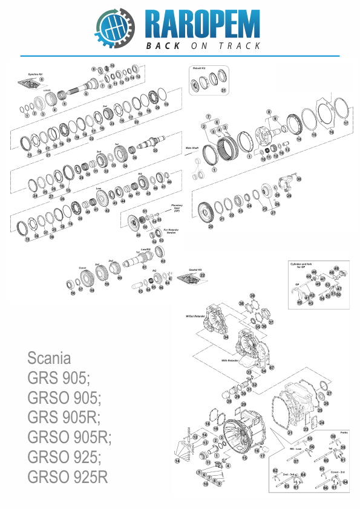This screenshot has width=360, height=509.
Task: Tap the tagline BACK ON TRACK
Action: (203, 46)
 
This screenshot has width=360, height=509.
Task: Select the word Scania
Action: (49, 357)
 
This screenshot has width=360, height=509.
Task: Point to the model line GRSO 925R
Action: (67, 476)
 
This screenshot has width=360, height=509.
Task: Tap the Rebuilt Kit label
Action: (200, 69)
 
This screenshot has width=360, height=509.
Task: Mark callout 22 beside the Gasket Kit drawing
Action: (203, 275)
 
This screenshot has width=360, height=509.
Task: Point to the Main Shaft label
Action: (192, 146)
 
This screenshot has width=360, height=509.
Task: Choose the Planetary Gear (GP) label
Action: (177, 208)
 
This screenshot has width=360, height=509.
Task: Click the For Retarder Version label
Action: (174, 232)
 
